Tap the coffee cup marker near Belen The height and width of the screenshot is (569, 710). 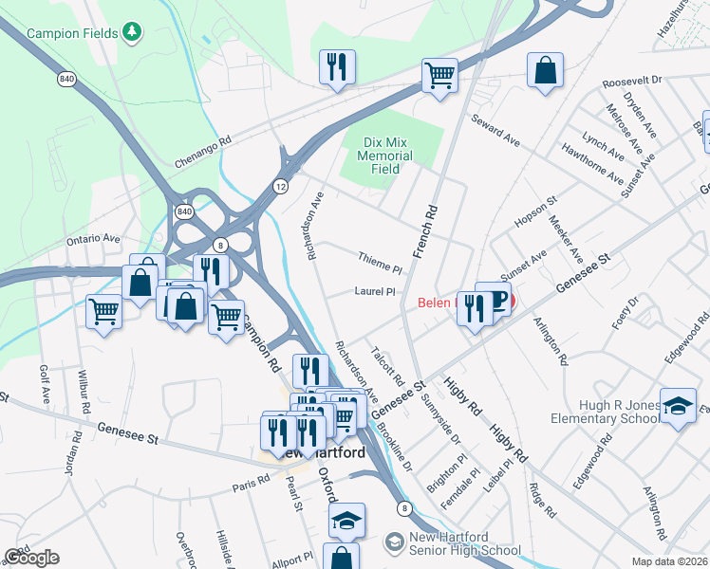pos(495,301)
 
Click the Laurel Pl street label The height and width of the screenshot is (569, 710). pos(374,292)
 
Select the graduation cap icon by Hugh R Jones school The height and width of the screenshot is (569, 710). pos(678,406)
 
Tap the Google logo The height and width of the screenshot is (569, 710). pos(31,558)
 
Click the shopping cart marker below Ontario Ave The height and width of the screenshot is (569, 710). pos(103,310)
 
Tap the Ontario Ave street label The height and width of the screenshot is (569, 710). pos(93,240)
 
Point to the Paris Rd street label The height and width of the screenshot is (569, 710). pos(252,486)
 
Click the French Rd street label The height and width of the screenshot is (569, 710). pos(424,231)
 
